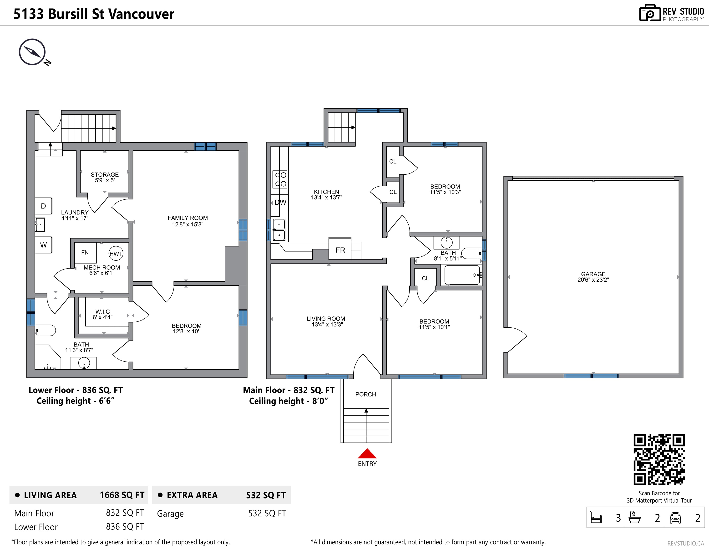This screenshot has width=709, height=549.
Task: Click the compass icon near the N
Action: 32,52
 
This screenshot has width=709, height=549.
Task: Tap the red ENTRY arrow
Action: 367,453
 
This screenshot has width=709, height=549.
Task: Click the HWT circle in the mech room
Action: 116,254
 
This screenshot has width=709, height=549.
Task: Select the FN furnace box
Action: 85,253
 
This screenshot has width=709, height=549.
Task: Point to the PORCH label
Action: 365,394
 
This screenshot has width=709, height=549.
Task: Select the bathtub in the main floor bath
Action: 462,275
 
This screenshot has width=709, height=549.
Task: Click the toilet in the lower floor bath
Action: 46,330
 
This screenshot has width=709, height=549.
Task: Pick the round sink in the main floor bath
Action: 447,242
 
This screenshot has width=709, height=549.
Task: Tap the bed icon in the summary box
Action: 596,518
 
